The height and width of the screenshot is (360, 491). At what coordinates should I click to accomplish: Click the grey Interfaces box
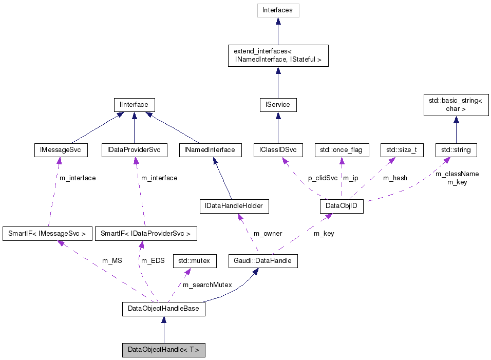(x=278, y=10)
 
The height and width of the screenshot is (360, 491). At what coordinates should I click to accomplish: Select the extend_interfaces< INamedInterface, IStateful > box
(x=277, y=55)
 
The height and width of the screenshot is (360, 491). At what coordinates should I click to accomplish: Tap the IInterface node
(x=134, y=105)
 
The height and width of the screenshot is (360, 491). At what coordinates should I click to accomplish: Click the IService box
(x=277, y=105)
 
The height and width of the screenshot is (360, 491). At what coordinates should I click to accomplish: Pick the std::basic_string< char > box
(x=456, y=105)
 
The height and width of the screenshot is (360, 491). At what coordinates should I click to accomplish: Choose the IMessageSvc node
(x=60, y=150)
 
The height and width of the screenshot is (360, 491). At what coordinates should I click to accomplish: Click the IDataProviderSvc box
(x=134, y=150)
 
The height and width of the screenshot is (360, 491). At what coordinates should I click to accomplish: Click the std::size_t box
(x=398, y=150)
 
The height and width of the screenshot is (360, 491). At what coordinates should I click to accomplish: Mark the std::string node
(x=456, y=150)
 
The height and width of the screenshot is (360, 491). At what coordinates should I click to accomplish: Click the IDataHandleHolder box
(x=234, y=206)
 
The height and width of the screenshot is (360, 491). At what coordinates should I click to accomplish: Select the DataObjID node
(x=341, y=206)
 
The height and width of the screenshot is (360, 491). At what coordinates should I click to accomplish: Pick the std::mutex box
(x=194, y=261)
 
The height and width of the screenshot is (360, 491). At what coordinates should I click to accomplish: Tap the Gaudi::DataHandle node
(x=263, y=261)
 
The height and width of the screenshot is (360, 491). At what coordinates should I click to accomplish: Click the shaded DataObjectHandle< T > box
(x=163, y=350)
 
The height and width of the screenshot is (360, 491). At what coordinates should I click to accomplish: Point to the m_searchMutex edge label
(x=207, y=285)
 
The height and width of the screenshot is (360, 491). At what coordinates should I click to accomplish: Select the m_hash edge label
(x=395, y=178)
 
